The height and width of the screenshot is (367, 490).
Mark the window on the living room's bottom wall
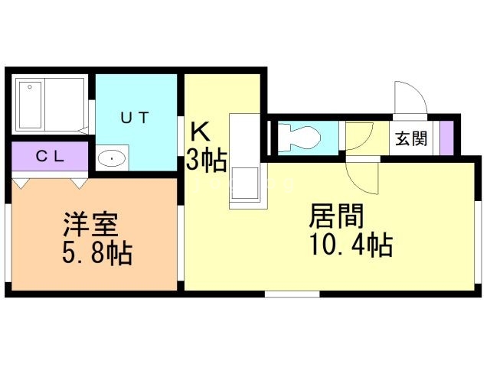point(292,294)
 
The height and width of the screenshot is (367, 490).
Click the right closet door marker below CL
point(80,183)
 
